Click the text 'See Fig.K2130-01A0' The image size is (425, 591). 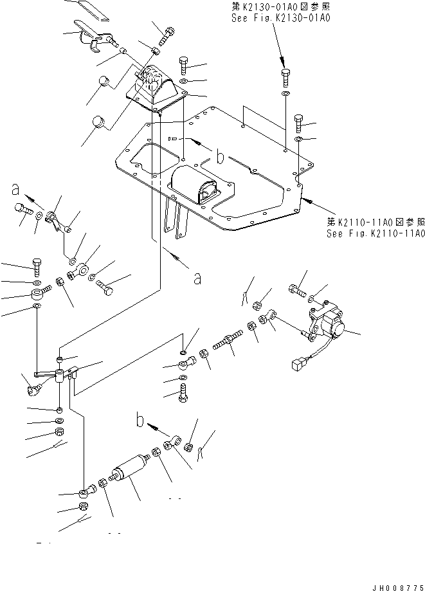(x=280, y=19)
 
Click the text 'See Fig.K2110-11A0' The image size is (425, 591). (x=375, y=233)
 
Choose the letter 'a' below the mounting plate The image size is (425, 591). (x=197, y=278)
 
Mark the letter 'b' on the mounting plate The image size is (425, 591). (x=220, y=156)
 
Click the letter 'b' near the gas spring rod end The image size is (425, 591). (x=139, y=421)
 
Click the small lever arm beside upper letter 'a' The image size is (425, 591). (x=56, y=215)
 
